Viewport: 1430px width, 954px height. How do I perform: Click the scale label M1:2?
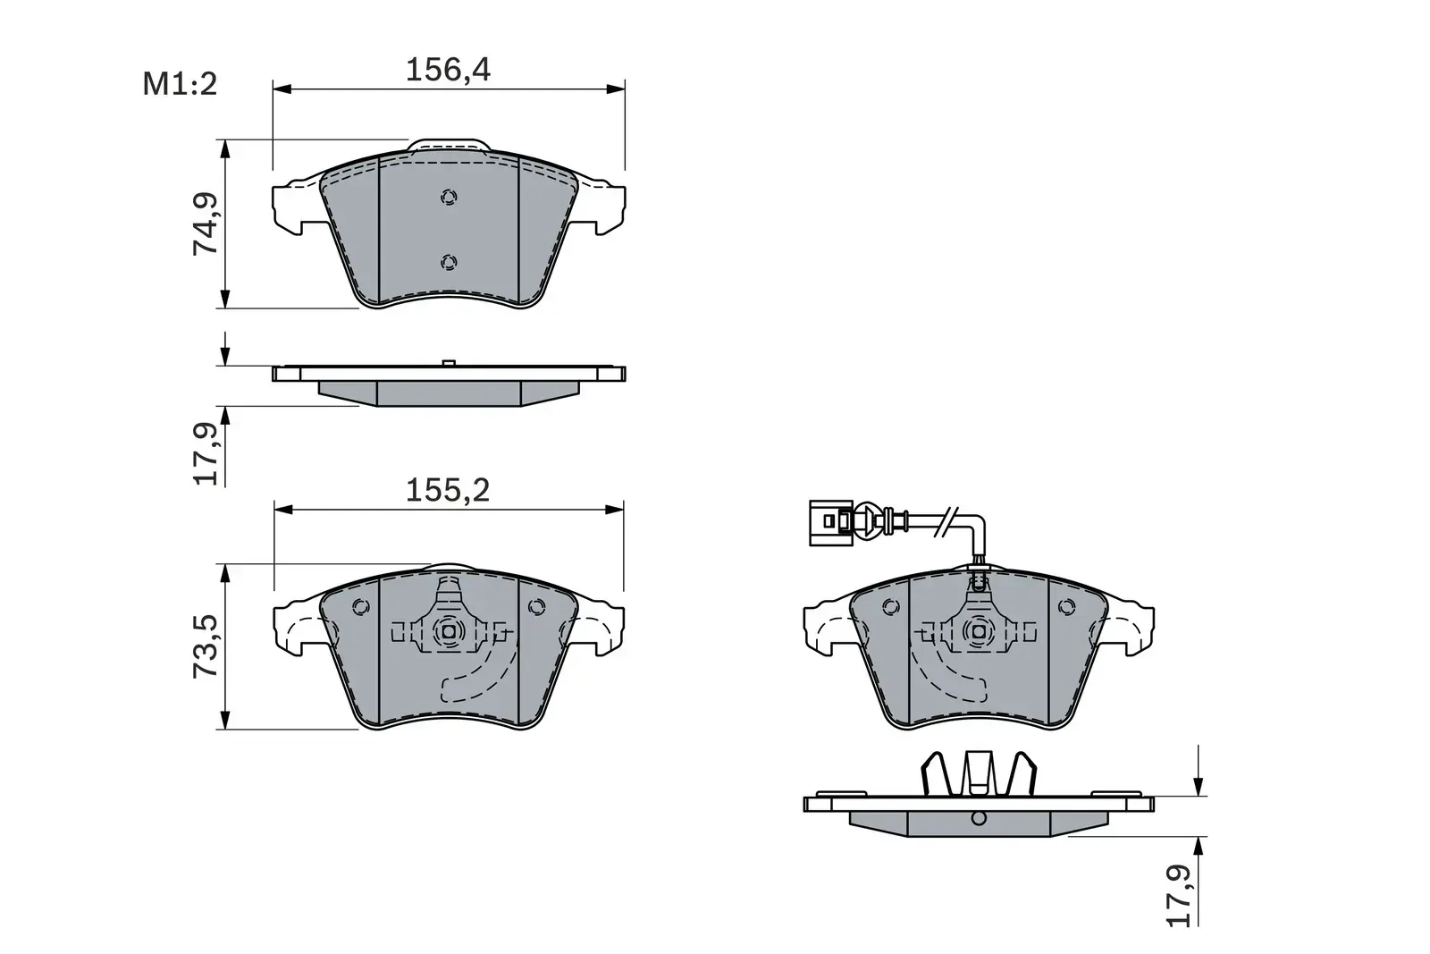(180, 85)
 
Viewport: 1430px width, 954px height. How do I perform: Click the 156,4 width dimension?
(448, 70)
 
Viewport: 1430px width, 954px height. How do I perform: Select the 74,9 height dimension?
(206, 224)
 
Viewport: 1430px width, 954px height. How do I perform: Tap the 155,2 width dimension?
(448, 490)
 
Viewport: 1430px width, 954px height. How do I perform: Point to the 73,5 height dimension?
(206, 646)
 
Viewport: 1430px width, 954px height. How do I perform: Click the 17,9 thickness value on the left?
(206, 453)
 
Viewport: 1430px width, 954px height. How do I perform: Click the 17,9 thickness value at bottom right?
(1181, 895)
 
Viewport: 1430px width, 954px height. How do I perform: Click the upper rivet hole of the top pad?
(449, 198)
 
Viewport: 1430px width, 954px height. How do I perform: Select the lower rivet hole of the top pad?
(449, 261)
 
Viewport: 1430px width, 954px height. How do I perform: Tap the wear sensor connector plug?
(829, 521)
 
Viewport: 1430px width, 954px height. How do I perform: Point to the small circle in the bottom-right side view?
(978, 817)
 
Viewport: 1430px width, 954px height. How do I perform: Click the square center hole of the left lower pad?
(449, 631)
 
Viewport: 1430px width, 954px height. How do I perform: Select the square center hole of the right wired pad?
(978, 631)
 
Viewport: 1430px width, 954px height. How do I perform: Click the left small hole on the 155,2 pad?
(361, 607)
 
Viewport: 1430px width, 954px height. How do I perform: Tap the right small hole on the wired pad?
(1064, 607)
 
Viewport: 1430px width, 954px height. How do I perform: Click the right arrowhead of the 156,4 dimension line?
(616, 89)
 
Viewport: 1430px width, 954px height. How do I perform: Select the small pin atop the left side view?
(449, 362)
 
